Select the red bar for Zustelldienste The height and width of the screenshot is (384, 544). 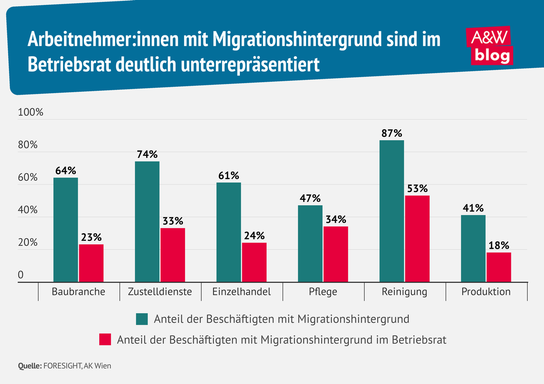click(x=173, y=255)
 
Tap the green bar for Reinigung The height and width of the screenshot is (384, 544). click(x=392, y=211)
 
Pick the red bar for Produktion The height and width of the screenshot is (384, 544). click(x=499, y=267)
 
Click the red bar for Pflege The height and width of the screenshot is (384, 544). click(x=335, y=254)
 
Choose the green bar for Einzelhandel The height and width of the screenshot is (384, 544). click(x=228, y=232)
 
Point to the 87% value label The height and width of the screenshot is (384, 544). click(x=392, y=133)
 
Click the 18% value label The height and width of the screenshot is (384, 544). click(x=499, y=246)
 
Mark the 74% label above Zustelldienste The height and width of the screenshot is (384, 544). click(x=147, y=154)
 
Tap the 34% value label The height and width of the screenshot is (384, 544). click(x=335, y=220)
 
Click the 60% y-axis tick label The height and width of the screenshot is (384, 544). click(x=28, y=177)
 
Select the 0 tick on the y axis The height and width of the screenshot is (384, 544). click(x=21, y=275)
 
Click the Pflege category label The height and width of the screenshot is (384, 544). click(x=323, y=292)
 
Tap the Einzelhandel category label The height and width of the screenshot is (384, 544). click(x=242, y=292)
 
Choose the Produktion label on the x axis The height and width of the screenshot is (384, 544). click(x=486, y=292)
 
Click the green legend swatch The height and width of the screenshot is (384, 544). click(x=142, y=319)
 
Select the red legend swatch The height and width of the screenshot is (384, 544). click(x=105, y=340)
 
